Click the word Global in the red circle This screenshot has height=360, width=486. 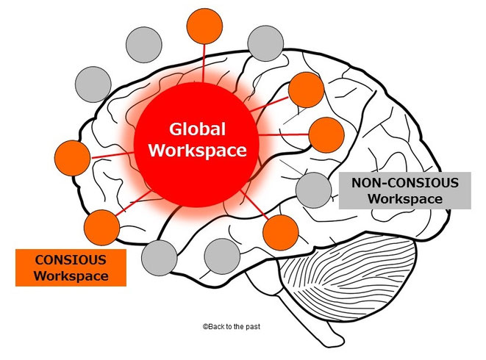point(198,130)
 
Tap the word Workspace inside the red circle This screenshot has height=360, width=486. point(198,151)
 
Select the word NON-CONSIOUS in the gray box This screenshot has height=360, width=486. point(404,182)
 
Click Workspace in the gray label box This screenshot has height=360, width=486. point(404,198)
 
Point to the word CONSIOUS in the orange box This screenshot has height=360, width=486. point(71,259)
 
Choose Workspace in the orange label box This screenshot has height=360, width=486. point(71,276)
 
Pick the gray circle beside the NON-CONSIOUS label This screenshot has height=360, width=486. point(313,189)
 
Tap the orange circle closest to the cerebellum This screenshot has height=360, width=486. point(280,233)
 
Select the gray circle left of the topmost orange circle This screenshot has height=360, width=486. point(144,46)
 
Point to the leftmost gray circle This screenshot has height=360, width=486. point(93,84)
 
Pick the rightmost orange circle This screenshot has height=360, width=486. point(326,135)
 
